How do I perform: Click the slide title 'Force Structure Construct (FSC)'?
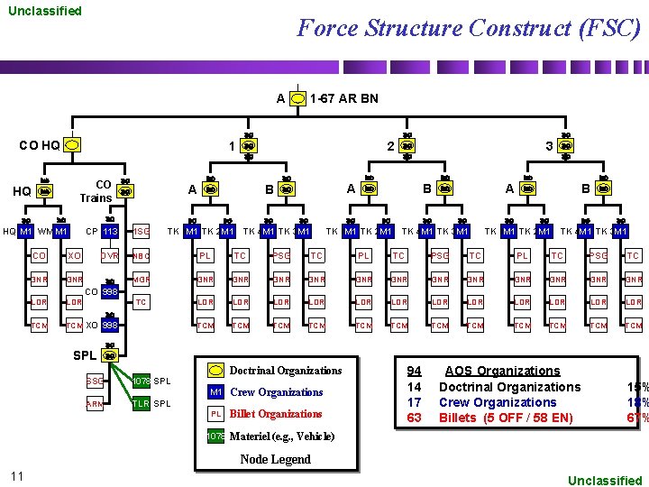469,28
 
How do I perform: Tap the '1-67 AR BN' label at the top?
343,97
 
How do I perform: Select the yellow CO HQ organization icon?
73,144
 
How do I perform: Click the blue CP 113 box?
109,232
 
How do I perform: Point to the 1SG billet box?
141,232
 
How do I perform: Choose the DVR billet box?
109,256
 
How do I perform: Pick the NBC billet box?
141,256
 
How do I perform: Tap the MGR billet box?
141,280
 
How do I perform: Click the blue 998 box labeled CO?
109,292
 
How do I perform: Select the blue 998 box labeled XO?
109,325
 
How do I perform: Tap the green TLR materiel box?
141,404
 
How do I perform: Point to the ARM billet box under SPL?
94,404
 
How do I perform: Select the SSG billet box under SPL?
94,381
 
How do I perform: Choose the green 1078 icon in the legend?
215,436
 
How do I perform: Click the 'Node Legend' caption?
275,459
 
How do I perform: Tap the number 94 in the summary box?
414,371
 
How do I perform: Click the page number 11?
17,475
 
